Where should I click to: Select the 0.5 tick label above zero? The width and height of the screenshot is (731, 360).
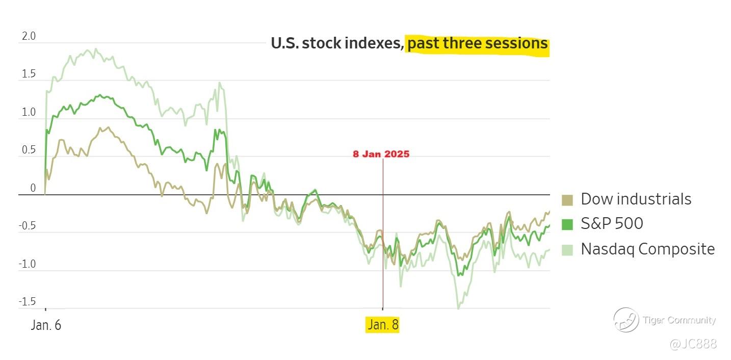tap(29, 150)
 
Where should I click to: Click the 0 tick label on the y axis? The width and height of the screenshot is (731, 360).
tap(33, 188)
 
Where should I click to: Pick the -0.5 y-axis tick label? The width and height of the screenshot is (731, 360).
tap(28, 226)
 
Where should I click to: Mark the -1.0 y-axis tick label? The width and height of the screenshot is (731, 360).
tap(28, 264)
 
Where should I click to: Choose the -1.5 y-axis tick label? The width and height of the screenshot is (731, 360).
tap(28, 302)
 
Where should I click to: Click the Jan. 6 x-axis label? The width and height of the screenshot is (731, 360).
tap(46, 325)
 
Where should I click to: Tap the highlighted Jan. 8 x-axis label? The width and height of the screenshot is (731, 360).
tap(382, 325)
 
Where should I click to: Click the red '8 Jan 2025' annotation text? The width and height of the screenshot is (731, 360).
tap(381, 154)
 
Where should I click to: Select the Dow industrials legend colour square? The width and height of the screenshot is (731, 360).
tap(567, 199)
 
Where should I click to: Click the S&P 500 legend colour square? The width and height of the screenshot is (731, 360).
tap(567, 224)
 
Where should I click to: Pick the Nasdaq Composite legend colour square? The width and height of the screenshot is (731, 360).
tap(567, 249)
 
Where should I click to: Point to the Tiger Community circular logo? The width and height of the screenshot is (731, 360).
tap(626, 320)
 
